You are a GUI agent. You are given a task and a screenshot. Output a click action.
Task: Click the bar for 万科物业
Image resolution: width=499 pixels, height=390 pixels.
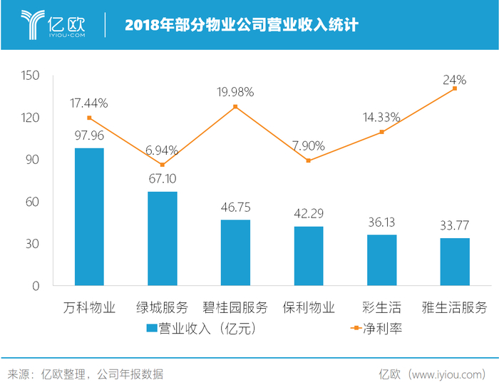point(89,217)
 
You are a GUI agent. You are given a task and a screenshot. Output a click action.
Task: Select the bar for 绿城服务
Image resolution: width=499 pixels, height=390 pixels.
point(163,238)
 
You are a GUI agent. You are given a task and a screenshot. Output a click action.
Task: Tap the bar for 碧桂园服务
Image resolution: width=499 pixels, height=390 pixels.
point(235,252)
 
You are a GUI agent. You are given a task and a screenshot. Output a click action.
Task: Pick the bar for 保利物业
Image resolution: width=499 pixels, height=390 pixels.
point(309,256)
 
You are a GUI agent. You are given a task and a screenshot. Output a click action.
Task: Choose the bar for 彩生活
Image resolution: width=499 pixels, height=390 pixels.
point(381,260)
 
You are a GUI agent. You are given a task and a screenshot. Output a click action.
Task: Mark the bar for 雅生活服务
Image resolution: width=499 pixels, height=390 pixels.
point(455,262)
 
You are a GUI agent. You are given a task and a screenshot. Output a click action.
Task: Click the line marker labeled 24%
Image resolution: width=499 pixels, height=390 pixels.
point(455,88)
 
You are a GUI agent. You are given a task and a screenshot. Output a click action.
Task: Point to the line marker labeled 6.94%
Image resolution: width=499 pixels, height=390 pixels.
point(163,165)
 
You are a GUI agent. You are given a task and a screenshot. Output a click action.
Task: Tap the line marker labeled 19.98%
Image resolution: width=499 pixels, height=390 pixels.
point(235,107)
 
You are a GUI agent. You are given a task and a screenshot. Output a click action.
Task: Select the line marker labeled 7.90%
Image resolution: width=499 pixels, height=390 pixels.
point(309,160)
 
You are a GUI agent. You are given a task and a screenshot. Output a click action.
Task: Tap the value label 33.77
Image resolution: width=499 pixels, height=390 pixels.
point(455,226)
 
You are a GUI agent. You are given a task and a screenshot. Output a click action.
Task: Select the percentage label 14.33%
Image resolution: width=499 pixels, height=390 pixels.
point(381,117)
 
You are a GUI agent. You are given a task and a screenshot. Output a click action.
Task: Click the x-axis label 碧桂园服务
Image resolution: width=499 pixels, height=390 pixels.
point(235,308)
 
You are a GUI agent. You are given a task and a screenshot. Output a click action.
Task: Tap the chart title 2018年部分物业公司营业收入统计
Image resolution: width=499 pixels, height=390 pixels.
point(242,25)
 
